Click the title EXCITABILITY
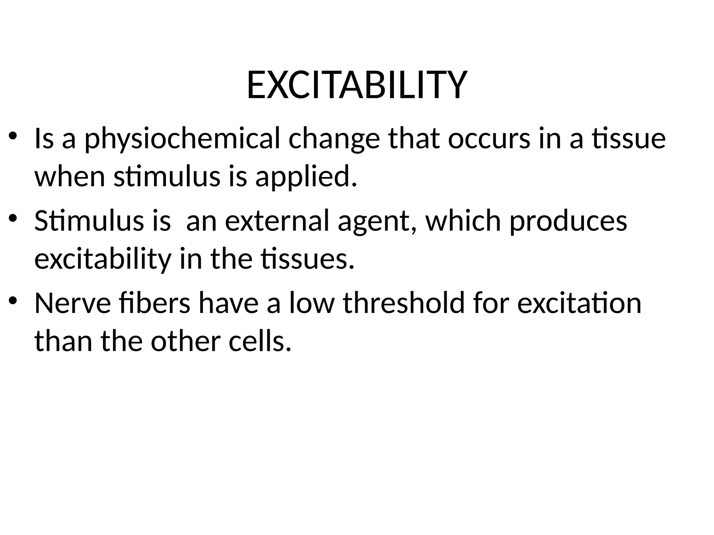tap(356, 85)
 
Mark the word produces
tap(568, 222)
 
